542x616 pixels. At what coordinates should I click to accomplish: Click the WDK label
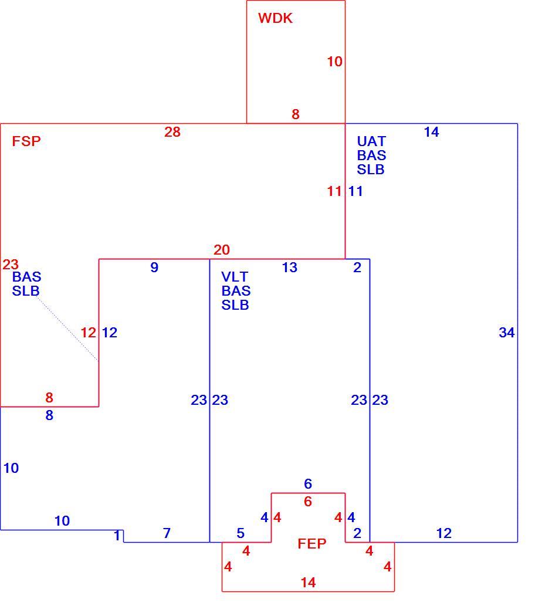coord(275,18)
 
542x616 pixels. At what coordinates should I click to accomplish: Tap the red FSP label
coord(26,141)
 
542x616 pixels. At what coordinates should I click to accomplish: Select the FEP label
coord(312,544)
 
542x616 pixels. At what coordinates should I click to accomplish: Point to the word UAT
coord(371,141)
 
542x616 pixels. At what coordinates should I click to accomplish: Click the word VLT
coord(235,276)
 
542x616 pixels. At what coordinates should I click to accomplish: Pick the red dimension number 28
coord(172,132)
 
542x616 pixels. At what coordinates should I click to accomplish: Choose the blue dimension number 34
coord(507,333)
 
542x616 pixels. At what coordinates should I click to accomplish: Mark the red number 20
coord(222,250)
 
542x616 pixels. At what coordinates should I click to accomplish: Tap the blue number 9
coord(154,268)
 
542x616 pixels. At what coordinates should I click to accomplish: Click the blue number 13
coord(290,268)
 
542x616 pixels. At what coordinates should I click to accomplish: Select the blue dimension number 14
coord(432,132)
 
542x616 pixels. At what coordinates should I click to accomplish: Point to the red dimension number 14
coord(309,583)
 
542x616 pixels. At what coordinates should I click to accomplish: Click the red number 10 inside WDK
coord(334,62)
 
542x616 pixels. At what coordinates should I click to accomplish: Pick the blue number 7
coord(167,533)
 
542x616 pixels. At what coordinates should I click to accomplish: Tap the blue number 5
coord(240,533)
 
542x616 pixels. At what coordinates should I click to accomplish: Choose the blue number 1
coord(117,536)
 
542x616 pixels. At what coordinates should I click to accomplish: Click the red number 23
coord(11,265)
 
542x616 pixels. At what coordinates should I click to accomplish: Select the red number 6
coord(308,502)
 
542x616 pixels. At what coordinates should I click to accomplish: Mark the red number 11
coord(334,191)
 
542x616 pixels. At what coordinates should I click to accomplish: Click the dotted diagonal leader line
coord(67,329)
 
